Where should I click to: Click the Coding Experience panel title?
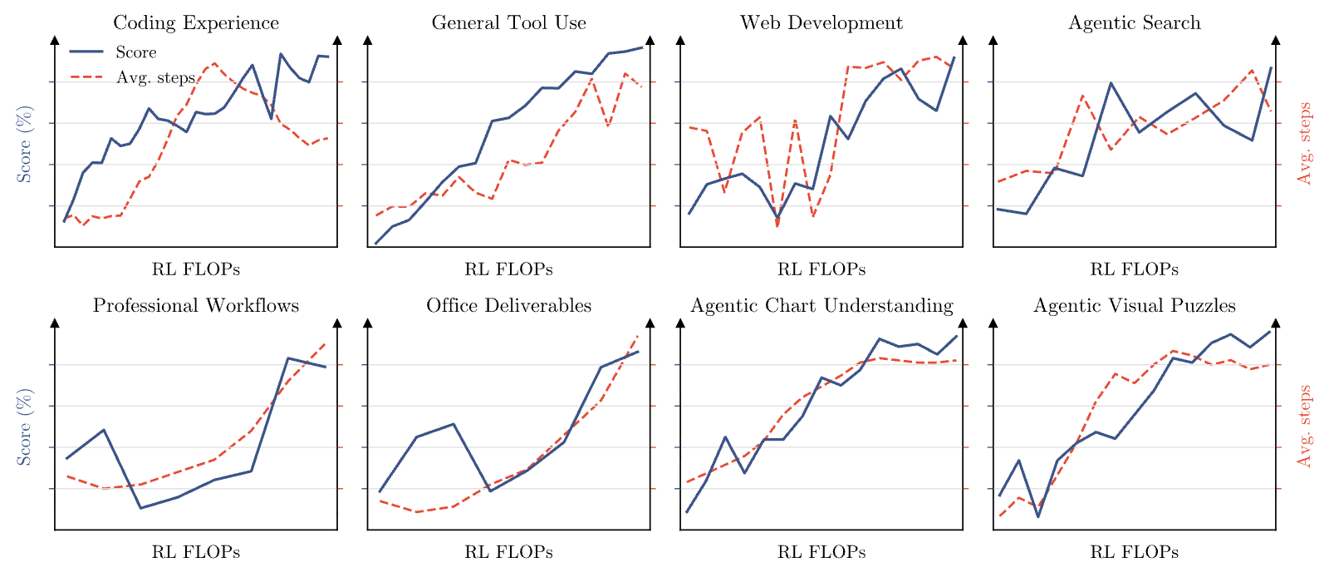coord(196,22)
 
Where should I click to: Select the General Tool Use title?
coord(508,22)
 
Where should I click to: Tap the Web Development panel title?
coord(821,22)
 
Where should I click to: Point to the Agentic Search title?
coord(1135,22)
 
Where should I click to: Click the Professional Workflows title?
coord(196,305)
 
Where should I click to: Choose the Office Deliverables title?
coord(508,305)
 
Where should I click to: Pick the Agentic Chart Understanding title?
coord(821,305)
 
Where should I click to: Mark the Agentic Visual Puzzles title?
coord(1135,305)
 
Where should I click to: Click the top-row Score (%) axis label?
coord(24,145)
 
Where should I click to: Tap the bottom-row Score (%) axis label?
coord(24,427)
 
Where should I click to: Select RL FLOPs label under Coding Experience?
coord(196,269)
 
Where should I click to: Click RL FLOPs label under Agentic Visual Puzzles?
coord(1135,552)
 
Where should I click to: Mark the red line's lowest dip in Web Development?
coord(777,226)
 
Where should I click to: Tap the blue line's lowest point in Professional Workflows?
coord(140,508)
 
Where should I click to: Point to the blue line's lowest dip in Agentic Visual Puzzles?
coord(1038,517)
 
